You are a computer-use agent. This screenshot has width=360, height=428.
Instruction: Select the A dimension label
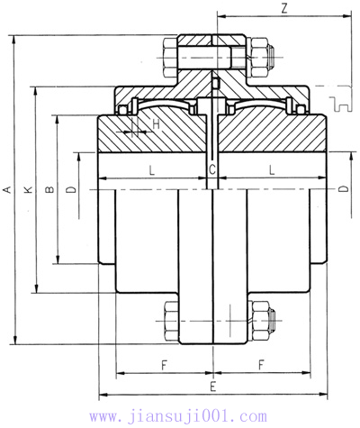coord(7,189)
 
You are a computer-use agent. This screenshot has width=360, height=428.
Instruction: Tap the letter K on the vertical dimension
coord(28,189)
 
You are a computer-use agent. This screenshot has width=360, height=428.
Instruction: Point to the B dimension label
coord(49,189)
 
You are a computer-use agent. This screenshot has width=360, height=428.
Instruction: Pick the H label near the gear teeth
coord(156,123)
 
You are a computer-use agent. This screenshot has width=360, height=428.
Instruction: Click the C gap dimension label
coord(212,169)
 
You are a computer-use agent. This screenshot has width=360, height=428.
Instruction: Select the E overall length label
coord(212,386)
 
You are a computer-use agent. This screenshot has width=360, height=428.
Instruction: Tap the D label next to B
coord(70,189)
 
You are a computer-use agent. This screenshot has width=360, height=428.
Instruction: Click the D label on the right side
coord(343,189)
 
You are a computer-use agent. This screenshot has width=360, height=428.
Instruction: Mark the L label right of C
coord(271,169)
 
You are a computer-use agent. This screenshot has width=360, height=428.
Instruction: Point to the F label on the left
coord(163,364)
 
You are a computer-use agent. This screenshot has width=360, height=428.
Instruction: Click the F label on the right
coord(261,364)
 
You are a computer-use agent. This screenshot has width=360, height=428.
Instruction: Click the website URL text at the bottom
coord(180,415)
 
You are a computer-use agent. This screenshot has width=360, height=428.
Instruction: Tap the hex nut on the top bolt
coord(262,57)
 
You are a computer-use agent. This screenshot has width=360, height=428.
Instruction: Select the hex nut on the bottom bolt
coord(262,320)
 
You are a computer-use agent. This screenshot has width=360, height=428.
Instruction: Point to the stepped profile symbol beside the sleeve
coord(339,105)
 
